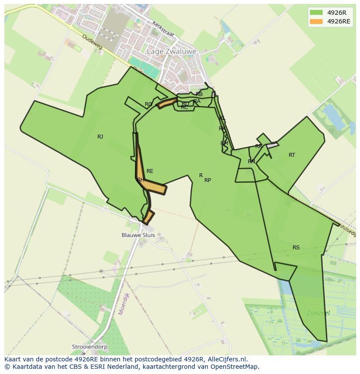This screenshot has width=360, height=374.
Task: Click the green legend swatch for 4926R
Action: click(316, 13)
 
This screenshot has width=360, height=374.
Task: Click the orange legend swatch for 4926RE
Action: click(316, 21)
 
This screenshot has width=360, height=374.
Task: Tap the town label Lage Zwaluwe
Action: click(171, 51)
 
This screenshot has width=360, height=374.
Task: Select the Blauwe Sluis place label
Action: click(138, 235)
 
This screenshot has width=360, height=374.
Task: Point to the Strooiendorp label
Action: click(90, 348)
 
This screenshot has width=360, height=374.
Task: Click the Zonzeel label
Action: click(318, 313)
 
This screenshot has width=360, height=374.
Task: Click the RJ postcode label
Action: click(100, 137)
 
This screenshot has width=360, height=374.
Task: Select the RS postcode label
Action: click(296, 248)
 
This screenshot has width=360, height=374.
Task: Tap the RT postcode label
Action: click(292, 155)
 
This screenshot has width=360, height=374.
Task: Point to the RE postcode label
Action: click(150, 171)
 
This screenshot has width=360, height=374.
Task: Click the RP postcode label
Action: click(208, 180)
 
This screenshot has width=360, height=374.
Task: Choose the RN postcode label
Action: click(251, 162)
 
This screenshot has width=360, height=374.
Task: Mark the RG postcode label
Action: click(149, 104)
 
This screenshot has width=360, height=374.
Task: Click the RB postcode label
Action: click(199, 94)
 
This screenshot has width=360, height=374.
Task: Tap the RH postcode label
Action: click(140, 180)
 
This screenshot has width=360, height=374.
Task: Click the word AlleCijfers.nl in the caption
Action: click(227, 359)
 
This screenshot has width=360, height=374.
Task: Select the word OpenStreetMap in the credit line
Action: click(237, 367)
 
